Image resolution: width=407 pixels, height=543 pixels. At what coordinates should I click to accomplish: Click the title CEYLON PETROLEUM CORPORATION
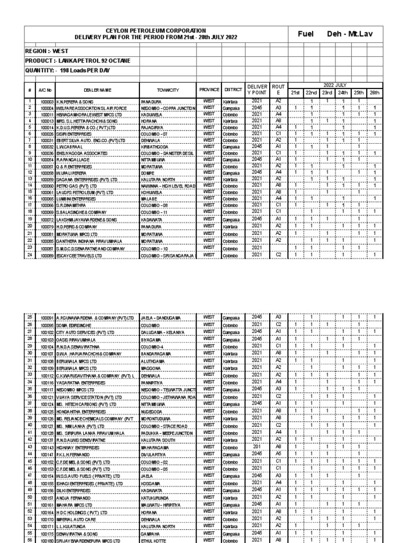tap(156, 31)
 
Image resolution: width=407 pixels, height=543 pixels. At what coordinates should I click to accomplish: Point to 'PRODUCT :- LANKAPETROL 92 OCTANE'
tap(78, 61)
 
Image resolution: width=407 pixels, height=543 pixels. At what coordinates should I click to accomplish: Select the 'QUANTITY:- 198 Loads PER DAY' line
tap(65, 71)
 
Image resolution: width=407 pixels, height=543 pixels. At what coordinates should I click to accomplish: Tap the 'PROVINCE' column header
tap(209, 91)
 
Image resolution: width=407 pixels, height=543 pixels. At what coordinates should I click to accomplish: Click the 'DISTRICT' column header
tap(233, 91)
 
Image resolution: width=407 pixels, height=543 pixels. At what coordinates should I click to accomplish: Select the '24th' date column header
tap(343, 93)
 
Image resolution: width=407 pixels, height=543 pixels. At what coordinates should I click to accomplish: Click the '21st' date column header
tap(295, 93)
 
